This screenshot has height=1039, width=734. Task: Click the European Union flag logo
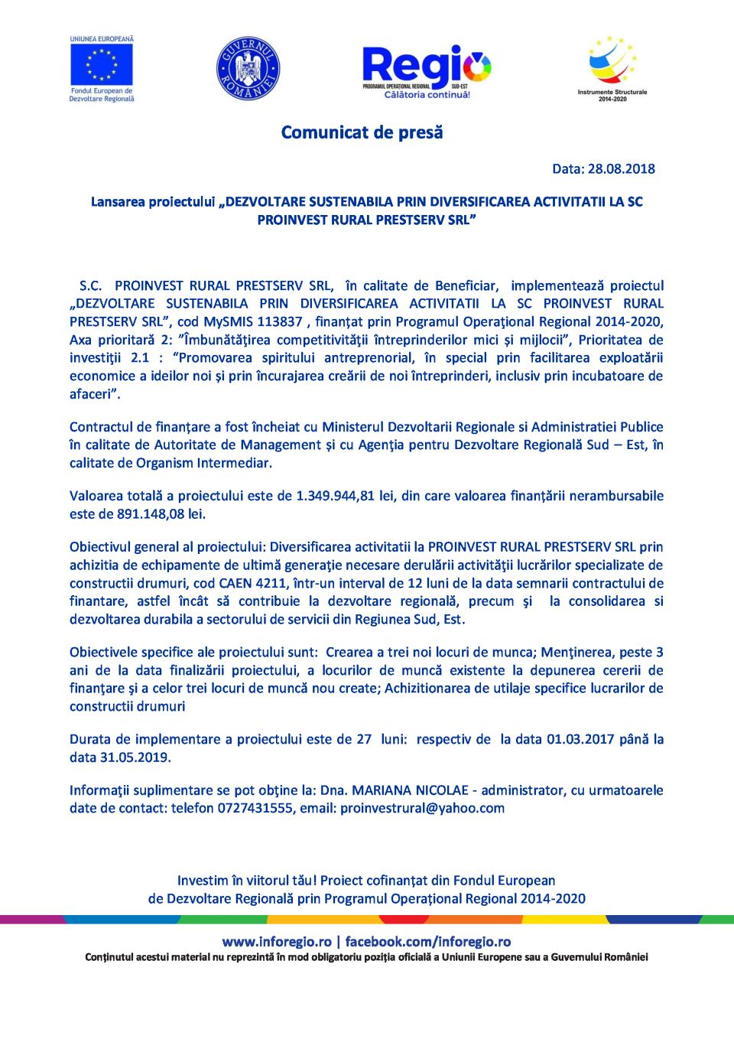[102, 65]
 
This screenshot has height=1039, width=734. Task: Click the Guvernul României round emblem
[248, 68]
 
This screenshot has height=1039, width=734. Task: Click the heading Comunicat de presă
[362, 132]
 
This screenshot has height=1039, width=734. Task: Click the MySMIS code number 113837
[279, 322]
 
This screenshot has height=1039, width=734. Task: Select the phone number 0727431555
[255, 809]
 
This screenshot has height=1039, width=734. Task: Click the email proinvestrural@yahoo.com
[422, 809]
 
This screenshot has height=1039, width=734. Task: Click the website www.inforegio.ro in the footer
[277, 942]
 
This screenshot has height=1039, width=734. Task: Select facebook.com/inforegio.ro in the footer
[427, 942]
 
